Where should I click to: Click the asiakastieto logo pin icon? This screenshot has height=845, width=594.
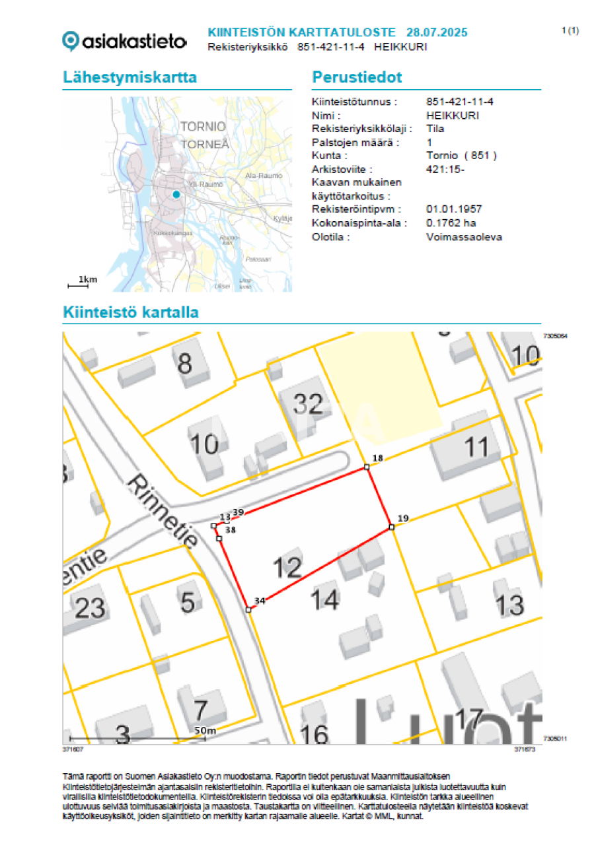(71, 41)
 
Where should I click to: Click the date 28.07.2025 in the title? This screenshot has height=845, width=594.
(437, 32)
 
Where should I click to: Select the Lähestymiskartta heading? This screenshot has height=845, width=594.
(130, 77)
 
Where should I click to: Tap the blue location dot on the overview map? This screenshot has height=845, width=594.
(176, 195)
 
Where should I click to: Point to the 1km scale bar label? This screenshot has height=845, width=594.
(87, 280)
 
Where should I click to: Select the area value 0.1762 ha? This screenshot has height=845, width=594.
(451, 223)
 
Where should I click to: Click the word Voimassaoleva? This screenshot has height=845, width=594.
(464, 236)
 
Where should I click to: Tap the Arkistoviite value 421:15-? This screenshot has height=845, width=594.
(446, 169)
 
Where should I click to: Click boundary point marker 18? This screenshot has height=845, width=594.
(367, 467)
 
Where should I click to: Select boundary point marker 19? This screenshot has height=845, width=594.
(391, 527)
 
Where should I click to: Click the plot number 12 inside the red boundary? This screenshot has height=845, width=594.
(287, 567)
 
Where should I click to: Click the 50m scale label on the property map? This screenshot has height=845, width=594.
(205, 731)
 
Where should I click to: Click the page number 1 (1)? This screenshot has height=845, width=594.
(570, 30)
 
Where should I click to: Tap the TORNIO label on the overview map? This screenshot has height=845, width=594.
(204, 126)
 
